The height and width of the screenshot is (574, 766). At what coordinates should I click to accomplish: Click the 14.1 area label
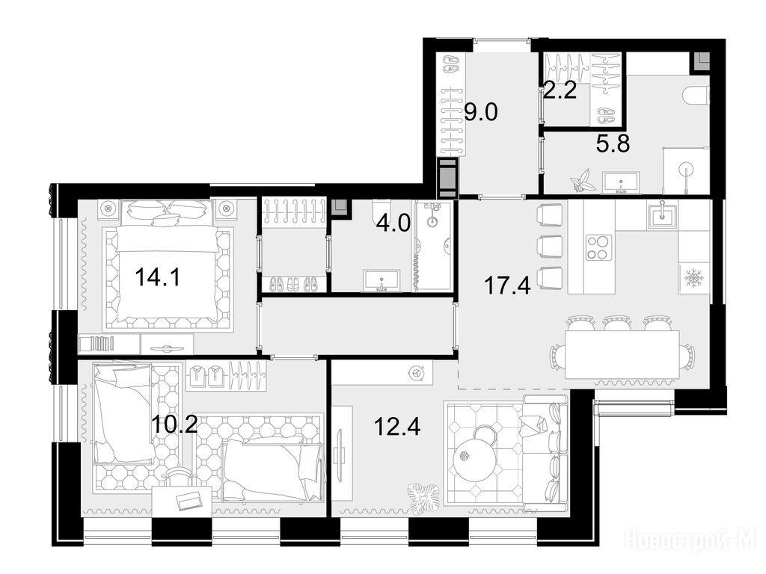tap(158, 278)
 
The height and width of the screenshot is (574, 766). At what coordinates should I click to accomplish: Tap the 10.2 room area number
tap(174, 425)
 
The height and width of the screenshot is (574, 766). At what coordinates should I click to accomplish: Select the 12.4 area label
tap(397, 427)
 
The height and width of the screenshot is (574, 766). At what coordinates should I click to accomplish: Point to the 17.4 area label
tap(507, 286)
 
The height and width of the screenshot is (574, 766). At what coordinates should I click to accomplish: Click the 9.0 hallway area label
tap(481, 113)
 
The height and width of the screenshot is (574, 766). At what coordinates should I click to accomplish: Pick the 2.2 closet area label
tap(561, 90)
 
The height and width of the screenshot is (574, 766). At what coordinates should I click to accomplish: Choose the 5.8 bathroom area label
tap(613, 144)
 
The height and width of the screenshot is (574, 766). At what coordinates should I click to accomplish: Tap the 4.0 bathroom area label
tap(393, 225)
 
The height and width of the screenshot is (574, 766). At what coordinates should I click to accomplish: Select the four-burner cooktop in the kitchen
tap(599, 247)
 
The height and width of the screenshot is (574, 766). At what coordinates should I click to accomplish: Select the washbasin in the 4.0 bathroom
tap(382, 280)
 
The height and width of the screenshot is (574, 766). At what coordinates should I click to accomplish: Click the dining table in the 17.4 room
tap(622, 354)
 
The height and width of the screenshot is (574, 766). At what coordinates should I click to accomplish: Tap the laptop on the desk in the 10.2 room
tap(188, 500)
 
